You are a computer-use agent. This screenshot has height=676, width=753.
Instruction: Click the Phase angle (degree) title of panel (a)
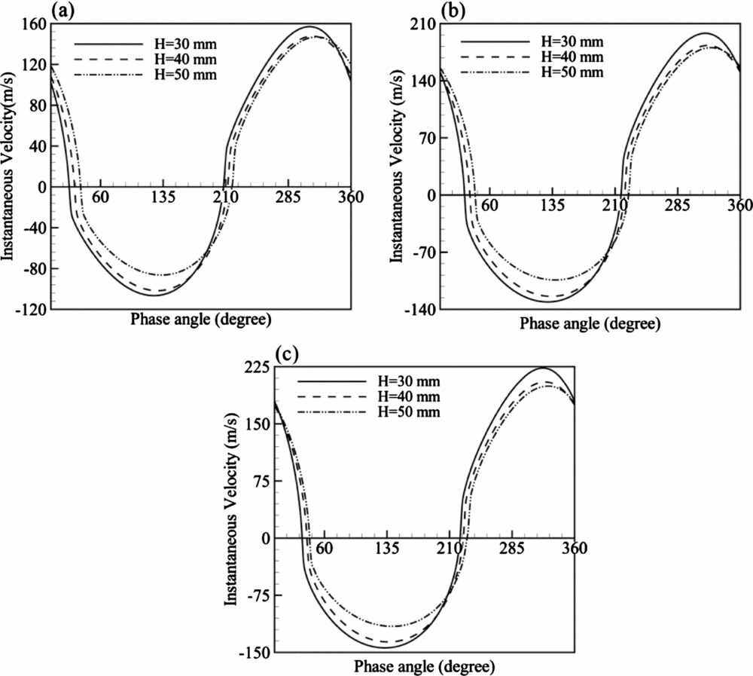200,318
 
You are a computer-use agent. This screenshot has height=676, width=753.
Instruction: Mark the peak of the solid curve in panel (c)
542,368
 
